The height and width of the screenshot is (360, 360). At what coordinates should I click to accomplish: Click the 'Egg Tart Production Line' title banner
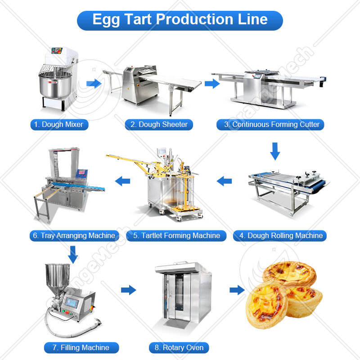(x=180, y=20)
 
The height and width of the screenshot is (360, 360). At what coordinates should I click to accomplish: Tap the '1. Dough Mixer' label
(x=59, y=125)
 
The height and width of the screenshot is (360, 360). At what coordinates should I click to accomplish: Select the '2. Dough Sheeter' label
(x=159, y=125)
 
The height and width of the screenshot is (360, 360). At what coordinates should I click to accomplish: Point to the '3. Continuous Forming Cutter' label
(x=270, y=125)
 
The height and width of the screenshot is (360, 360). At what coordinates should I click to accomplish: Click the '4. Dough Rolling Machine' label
(x=280, y=235)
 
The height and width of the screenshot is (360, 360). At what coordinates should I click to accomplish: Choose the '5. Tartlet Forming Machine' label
(x=176, y=235)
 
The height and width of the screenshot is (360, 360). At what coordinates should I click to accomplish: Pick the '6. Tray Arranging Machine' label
(x=74, y=235)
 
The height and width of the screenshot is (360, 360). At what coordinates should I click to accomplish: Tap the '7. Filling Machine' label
(x=81, y=347)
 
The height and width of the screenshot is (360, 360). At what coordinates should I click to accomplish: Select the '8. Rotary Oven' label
(x=179, y=347)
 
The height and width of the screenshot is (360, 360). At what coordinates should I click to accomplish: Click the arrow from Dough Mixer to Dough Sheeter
(x=94, y=84)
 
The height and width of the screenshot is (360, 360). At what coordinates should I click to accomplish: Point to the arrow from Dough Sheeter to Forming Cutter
(x=212, y=84)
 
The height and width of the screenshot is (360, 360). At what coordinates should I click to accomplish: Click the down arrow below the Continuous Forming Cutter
(x=275, y=151)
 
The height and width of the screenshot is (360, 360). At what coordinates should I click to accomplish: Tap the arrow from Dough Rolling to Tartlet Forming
(x=224, y=181)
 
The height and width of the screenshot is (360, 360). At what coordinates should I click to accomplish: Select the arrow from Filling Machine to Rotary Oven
(x=129, y=290)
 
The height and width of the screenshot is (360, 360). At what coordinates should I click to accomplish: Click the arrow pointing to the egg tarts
(x=237, y=290)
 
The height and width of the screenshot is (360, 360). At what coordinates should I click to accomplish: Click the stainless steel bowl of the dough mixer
(x=55, y=85)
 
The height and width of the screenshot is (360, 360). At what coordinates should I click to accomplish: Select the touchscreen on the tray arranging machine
(x=82, y=173)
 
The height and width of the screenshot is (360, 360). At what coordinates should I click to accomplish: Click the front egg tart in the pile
(x=266, y=305)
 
